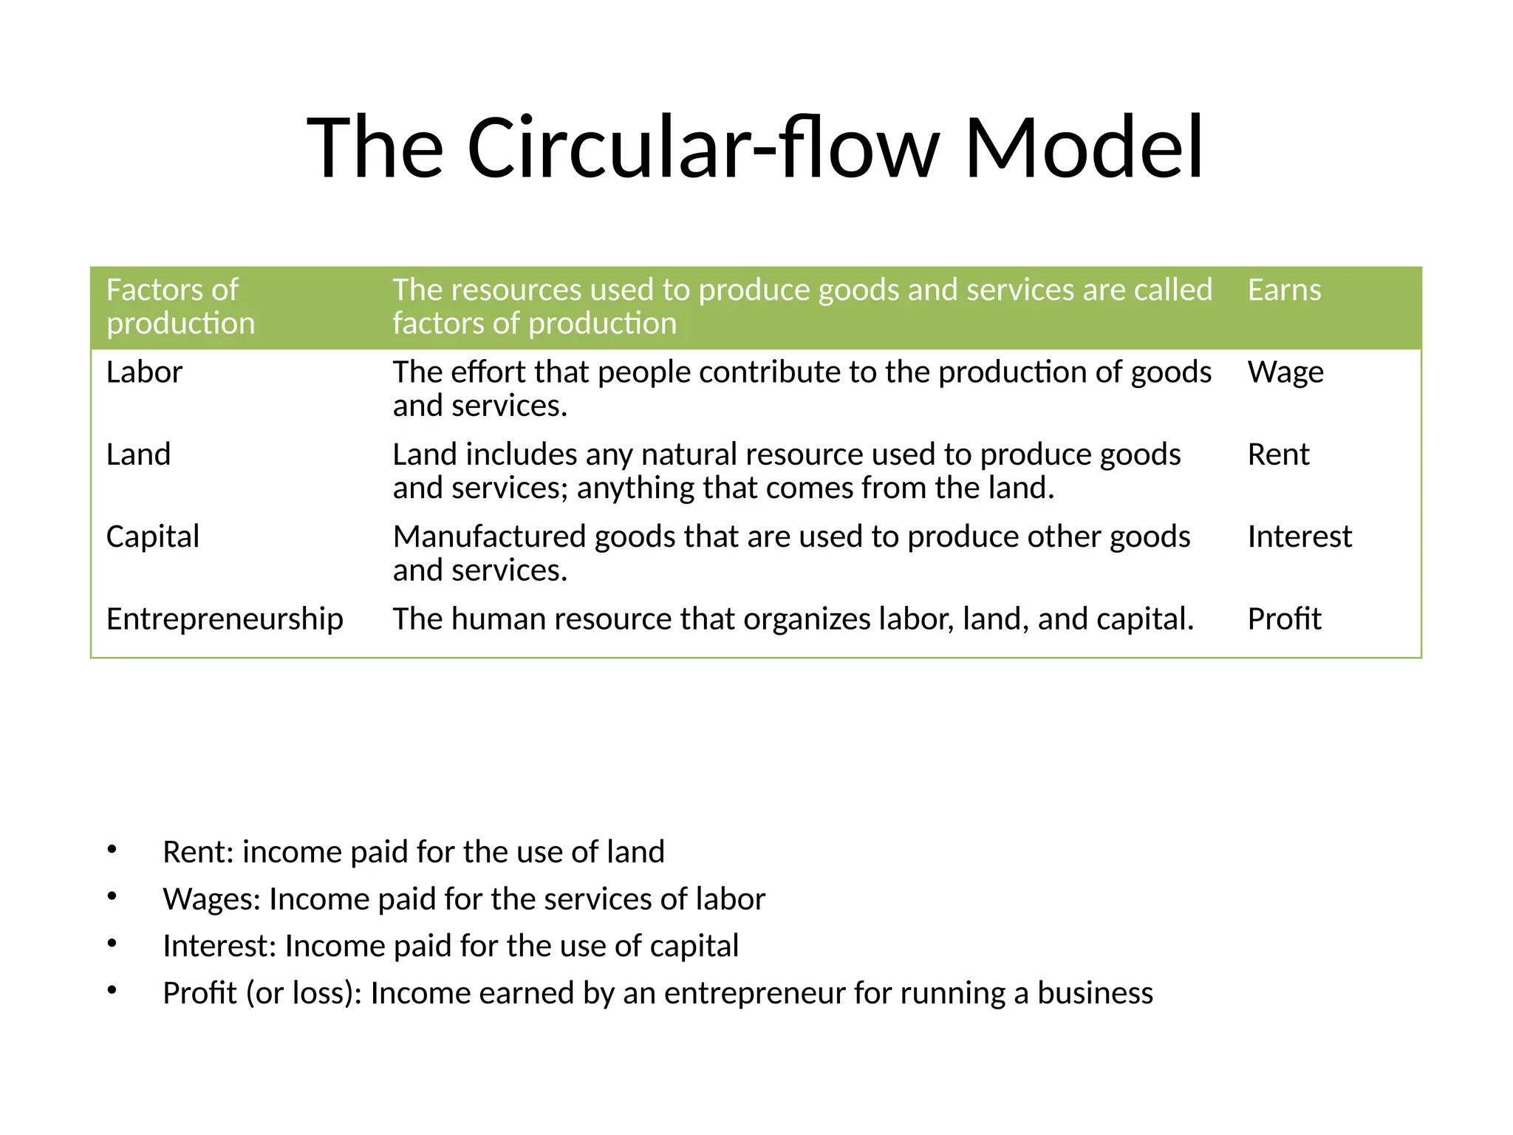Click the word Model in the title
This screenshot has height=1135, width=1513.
pos(1084,147)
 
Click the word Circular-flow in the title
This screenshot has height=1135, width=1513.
pos(703,147)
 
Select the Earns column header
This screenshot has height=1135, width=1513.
pos(1284,290)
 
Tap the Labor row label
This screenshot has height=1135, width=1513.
pos(144,372)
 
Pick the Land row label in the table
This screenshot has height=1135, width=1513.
pos(138,454)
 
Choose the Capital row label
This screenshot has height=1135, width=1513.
pos(152,536)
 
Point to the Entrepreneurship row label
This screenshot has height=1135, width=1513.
pos(225,618)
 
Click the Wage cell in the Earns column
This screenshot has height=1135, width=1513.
pos(1285,372)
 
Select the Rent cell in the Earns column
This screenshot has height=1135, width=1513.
pos(1278,454)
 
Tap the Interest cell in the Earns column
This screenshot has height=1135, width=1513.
pos(1299,536)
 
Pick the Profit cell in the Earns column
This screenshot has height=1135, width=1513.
pos(1284,618)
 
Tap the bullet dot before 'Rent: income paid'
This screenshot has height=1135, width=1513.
pos(112,850)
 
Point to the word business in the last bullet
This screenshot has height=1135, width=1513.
pos(1095,993)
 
